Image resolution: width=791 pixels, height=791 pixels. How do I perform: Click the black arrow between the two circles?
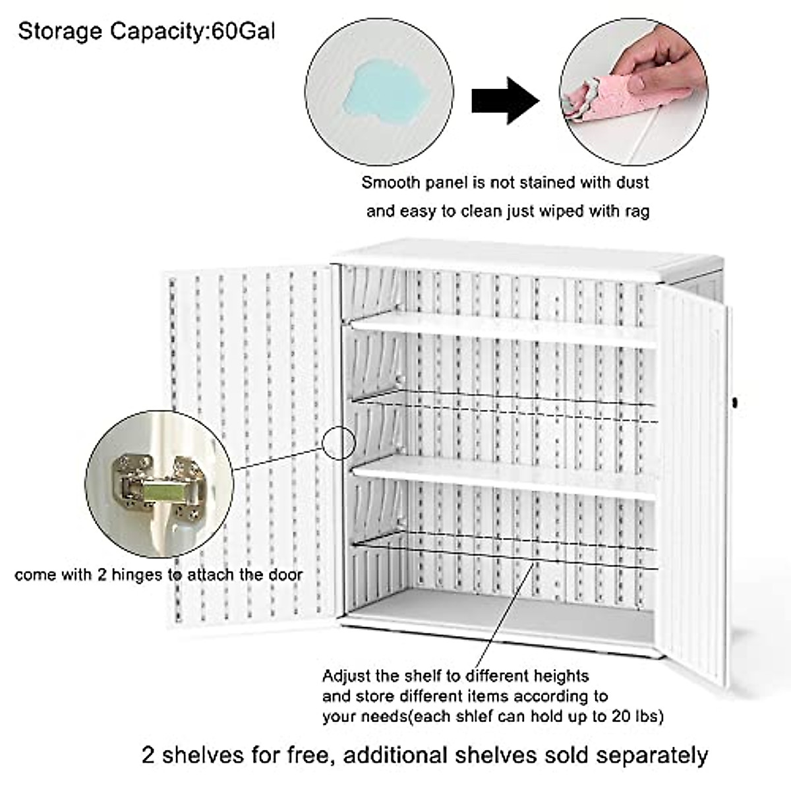coord(505,100)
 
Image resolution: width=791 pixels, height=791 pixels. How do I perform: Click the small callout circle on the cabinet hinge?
coord(339,442)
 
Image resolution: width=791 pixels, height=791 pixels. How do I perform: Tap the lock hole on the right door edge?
coord(734,402)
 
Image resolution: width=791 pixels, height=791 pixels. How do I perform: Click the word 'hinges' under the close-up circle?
coord(136,575)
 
